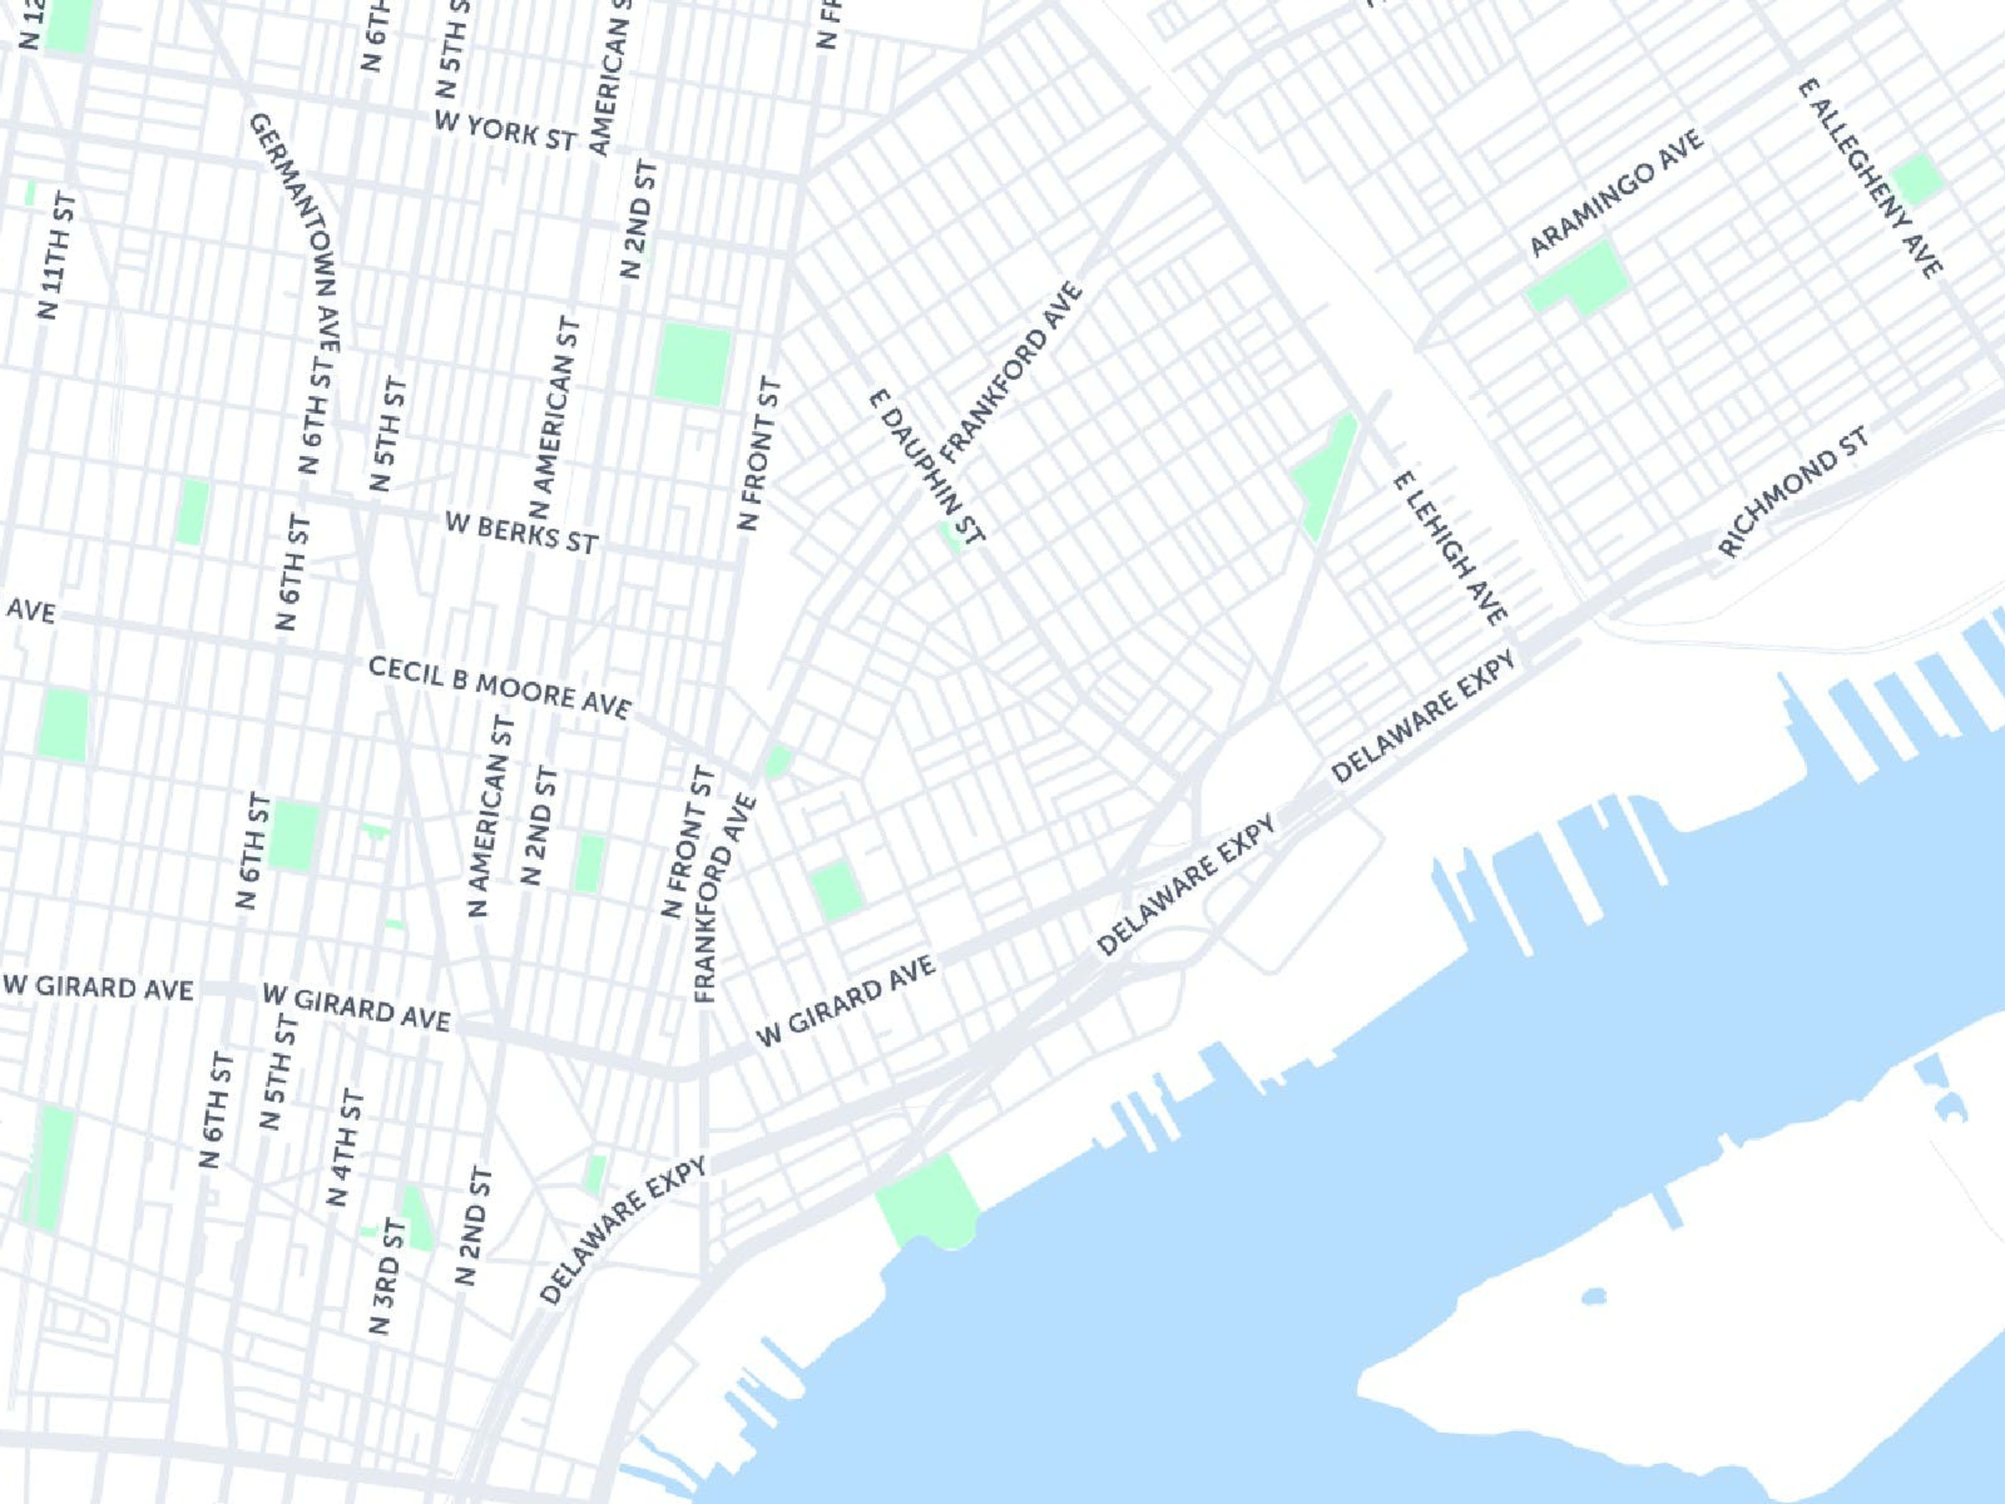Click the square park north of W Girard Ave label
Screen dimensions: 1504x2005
coord(835,890)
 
